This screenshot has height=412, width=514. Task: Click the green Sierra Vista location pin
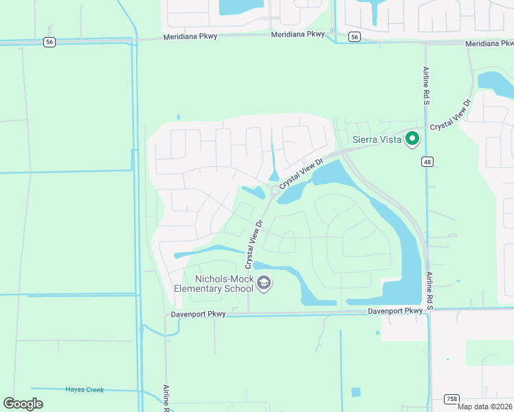click(412, 139)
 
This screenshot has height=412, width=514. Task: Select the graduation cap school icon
click(263, 283)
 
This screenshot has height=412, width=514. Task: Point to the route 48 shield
click(427, 161)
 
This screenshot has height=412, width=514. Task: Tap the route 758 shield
click(451, 398)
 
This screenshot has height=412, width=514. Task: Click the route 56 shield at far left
click(49, 42)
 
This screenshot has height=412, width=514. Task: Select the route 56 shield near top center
click(354, 36)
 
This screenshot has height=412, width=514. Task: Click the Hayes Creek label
click(85, 389)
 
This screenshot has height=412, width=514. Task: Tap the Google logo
click(23, 403)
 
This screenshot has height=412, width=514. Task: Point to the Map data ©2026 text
click(484, 407)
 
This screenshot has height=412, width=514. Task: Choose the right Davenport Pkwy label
click(395, 311)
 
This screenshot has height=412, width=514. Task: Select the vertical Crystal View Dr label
click(252, 244)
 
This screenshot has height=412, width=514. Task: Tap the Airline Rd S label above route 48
click(425, 86)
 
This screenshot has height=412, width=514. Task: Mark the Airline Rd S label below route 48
click(429, 290)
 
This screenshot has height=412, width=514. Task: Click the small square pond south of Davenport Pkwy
click(355, 392)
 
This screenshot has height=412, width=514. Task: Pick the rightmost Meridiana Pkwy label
click(489, 43)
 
